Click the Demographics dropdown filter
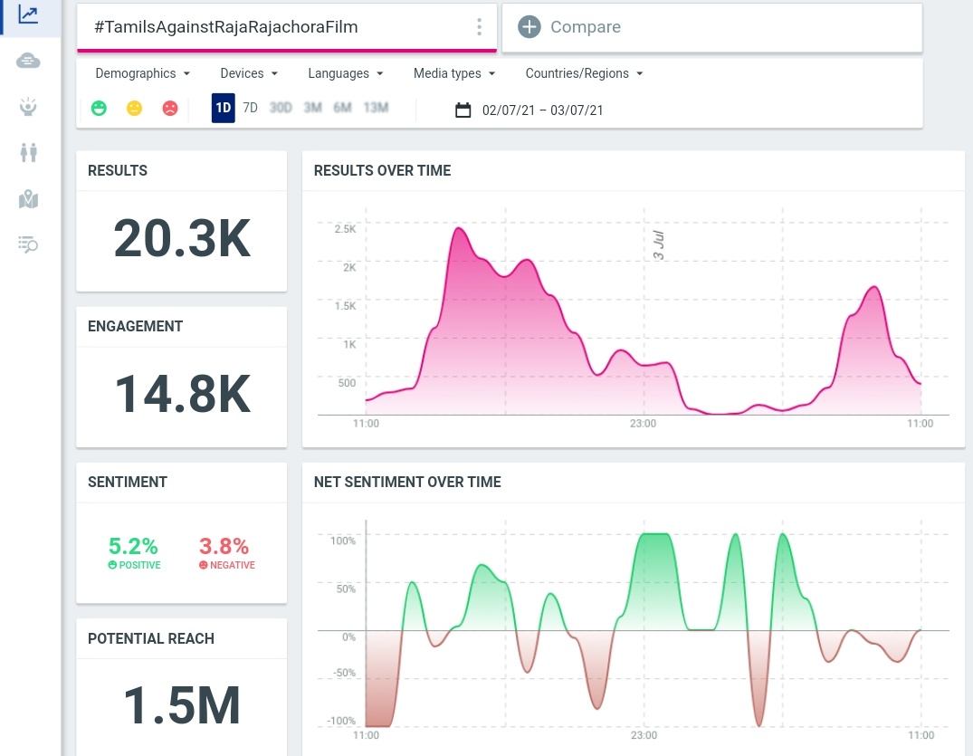pos(142,73)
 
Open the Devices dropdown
pos(248,73)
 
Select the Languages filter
pos(345,73)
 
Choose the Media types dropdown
pos(453,73)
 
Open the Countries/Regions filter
pos(584,73)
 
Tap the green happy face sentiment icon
pos(99,109)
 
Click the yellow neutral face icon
pos(134,109)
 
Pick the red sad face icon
pos(170,109)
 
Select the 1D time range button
pos(223,109)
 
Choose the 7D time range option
pos(251,109)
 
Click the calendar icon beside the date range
pos(463,110)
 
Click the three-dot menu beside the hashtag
pos(479,27)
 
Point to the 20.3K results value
pos(181,239)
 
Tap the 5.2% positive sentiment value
pos(133,546)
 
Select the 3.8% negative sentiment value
pos(224,546)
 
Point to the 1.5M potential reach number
pos(181,705)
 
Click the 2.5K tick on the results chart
pos(345,229)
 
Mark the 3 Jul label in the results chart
pos(659,245)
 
